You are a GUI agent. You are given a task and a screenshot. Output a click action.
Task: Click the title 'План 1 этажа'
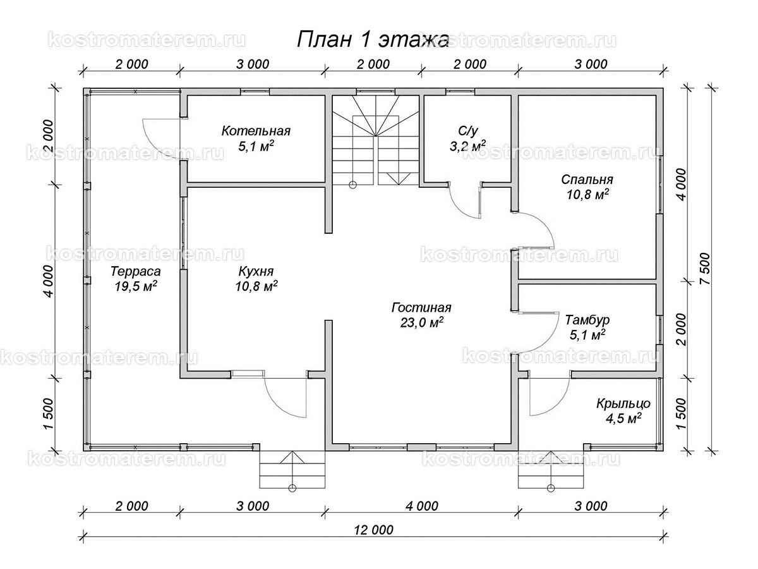pos(373,39)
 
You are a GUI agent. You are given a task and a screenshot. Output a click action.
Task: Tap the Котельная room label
pos(256,131)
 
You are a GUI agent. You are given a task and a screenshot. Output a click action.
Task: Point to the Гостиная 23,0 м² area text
pos(421,315)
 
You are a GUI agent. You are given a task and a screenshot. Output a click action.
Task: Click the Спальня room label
pos(587,180)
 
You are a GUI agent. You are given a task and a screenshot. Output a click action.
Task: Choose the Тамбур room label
pos(587,320)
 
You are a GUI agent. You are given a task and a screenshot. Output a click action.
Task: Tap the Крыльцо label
pos(623,403)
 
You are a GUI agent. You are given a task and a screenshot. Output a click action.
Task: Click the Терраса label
pos(135,271)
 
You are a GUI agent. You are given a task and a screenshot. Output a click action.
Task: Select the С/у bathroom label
pos(468,131)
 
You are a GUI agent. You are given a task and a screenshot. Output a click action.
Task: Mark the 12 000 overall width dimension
pos(374,530)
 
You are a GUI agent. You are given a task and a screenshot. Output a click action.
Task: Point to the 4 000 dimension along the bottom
pos(422,506)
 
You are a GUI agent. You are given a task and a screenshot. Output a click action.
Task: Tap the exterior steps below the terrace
pos(292,469)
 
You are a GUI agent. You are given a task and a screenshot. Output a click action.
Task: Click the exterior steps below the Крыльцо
pos(551,469)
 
